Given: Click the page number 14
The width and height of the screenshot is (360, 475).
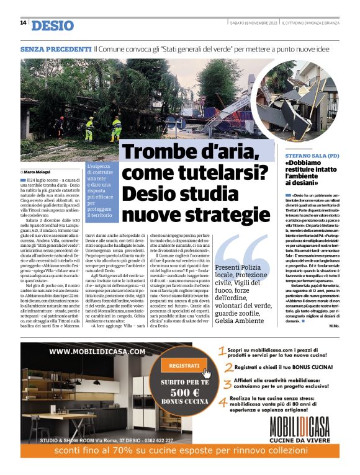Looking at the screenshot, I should (22, 24).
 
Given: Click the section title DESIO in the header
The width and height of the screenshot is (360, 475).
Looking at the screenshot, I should (52, 25).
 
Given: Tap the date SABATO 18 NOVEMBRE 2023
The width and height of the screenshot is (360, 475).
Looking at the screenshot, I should (252, 24).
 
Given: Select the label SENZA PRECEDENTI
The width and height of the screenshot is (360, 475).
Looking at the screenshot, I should (55, 48).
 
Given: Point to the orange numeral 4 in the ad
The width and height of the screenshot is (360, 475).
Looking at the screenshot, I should (223, 403).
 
